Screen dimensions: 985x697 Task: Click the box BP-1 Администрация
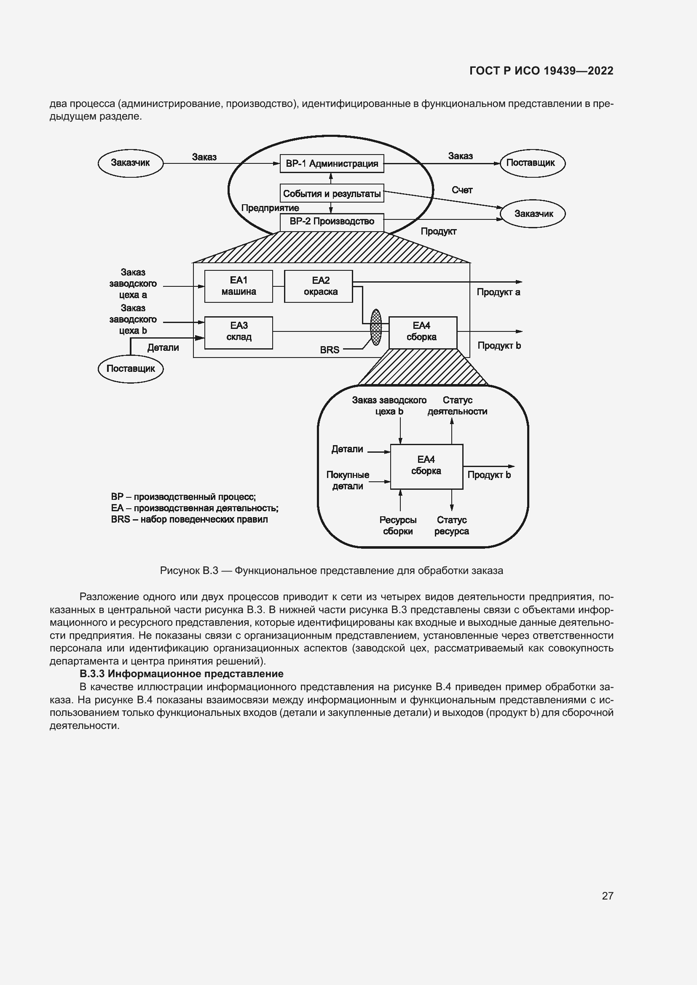coord(332,163)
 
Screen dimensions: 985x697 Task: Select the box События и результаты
coord(332,193)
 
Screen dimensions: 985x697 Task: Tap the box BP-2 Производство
coord(332,222)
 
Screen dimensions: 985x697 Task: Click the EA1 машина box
coord(239,286)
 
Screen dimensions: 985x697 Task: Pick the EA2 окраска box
coord(319,286)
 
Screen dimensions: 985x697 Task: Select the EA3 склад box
coord(239,333)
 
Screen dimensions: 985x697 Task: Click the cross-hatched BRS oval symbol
coord(376,327)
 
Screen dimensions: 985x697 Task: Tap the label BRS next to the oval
coord(330,350)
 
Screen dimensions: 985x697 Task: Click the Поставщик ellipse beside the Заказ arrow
coord(532,163)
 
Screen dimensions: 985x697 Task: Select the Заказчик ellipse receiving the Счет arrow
coord(533,214)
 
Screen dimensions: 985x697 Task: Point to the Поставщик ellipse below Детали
coord(131,369)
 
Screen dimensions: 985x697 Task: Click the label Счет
coord(462,190)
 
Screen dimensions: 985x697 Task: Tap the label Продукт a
coord(498,292)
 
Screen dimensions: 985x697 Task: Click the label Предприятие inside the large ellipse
coord(270,208)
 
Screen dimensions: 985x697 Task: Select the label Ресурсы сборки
coord(398,526)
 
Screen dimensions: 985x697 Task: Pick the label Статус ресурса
coord(451,526)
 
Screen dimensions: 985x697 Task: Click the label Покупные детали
coord(348,480)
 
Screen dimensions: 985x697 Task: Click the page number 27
coord(607,896)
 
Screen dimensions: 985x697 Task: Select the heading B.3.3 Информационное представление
coord(182,673)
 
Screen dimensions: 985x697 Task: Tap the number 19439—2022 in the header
coord(579,71)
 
